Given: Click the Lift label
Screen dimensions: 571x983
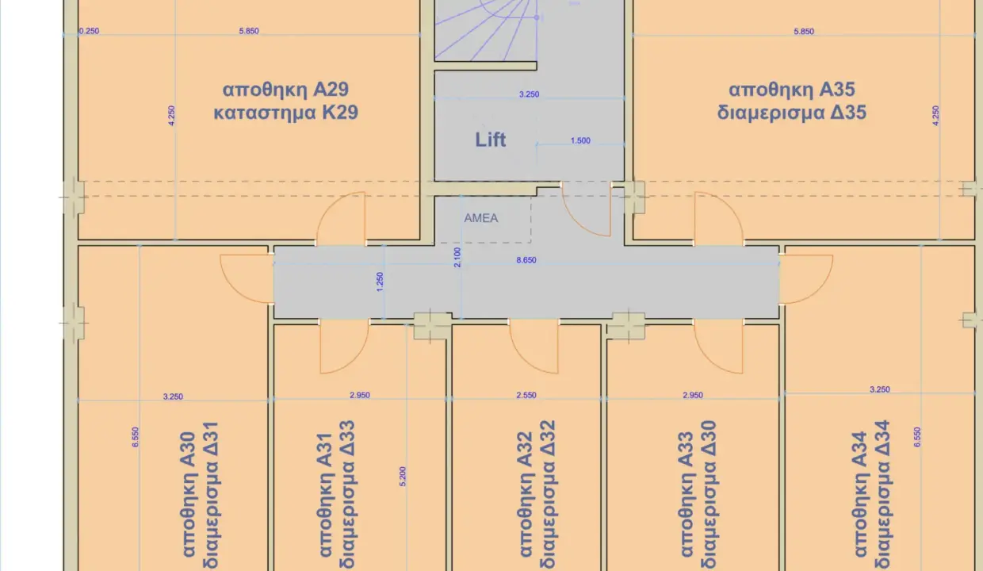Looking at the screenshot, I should pos(491,140).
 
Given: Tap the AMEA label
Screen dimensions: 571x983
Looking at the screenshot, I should pos(481,218).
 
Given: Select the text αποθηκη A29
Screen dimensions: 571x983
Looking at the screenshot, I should pos(285,88).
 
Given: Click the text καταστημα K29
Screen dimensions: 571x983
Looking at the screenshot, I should pos(285,113).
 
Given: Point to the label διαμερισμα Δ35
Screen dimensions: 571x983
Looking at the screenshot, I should pos(791,113).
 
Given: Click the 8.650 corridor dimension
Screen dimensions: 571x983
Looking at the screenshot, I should pos(526,259).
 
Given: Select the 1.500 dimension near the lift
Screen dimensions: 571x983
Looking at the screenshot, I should pos(580,141).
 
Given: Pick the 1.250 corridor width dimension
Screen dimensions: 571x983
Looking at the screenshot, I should pos(381,282).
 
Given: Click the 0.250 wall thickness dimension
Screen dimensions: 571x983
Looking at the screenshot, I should pos(89,32).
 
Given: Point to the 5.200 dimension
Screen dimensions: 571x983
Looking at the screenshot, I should pos(404,476).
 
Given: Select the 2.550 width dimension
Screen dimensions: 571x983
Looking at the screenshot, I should pos(526,395).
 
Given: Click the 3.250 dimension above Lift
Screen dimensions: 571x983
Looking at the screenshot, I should pos(529,94).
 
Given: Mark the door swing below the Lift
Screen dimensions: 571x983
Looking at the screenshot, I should pos(587,208).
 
